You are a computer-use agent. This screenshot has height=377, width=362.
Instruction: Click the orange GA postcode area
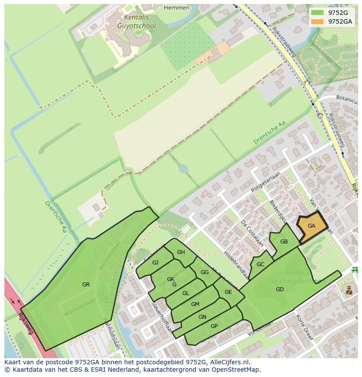(x=312, y=226)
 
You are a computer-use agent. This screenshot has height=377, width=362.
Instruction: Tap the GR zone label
(x=86, y=285)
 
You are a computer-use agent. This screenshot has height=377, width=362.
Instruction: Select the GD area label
(x=280, y=289)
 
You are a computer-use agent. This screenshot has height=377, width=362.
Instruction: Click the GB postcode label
(x=284, y=242)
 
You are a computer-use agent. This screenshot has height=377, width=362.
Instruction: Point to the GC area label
(x=260, y=264)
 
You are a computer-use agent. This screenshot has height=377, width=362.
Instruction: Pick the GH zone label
(x=181, y=252)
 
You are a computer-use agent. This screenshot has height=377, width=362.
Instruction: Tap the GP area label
(x=214, y=326)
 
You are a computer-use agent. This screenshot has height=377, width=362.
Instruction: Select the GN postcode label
(x=202, y=317)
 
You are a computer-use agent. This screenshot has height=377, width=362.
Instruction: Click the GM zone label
(x=195, y=304)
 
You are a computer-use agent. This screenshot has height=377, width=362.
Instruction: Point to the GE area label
(x=228, y=292)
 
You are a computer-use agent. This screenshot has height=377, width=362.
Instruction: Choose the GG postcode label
(x=204, y=272)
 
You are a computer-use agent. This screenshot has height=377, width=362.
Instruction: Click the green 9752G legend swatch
(x=318, y=12)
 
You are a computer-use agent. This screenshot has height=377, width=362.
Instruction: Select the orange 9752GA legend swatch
(x=318, y=21)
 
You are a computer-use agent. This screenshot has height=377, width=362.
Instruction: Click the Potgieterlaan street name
(x=265, y=182)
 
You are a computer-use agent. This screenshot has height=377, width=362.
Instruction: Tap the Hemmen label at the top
(x=177, y=7)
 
